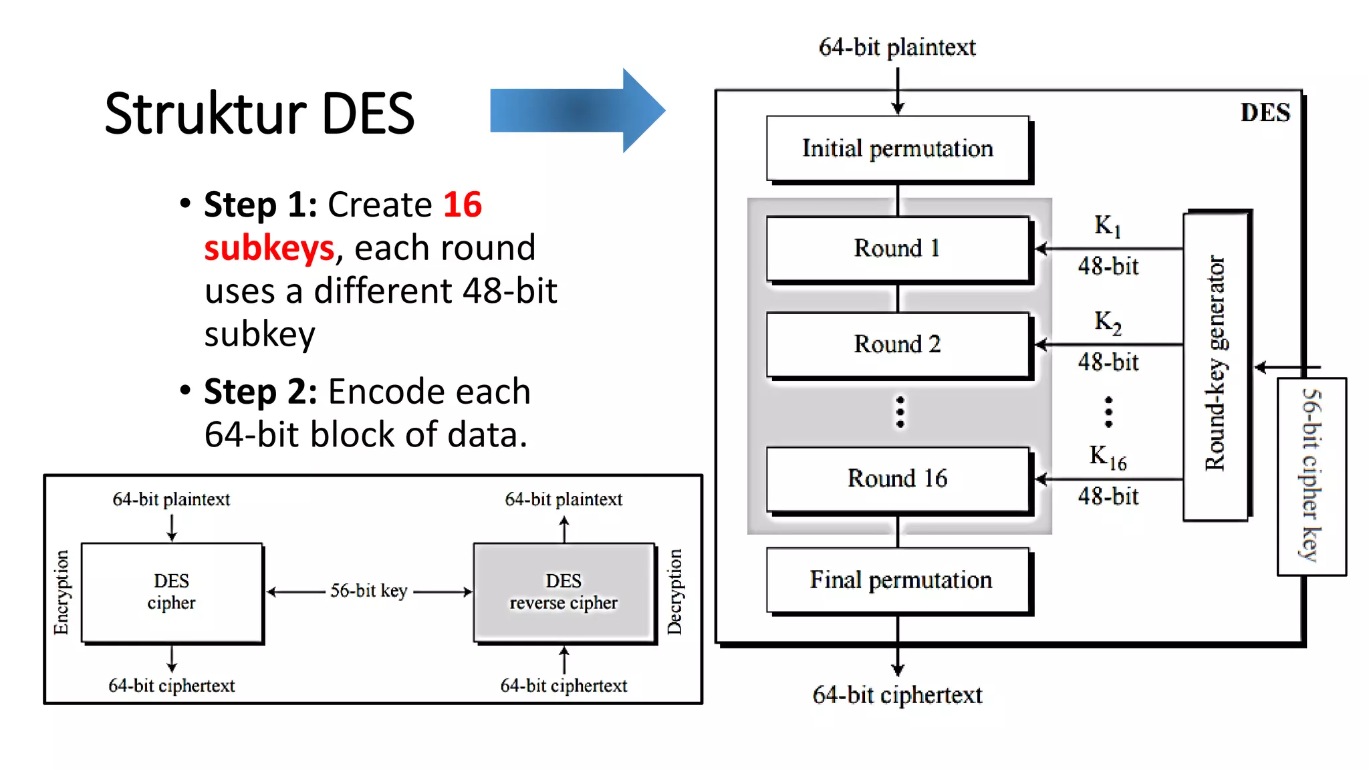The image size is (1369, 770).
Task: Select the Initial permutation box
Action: [897, 148]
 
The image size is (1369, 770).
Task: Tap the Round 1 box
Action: [897, 248]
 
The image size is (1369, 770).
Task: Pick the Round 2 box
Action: [897, 344]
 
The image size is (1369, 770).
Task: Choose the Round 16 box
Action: [897, 479]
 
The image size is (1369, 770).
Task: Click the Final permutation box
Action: [900, 580]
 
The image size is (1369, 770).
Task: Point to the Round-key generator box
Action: [1215, 365]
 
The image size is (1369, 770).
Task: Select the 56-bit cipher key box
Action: [1312, 476]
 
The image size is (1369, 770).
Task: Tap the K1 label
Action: [1107, 226]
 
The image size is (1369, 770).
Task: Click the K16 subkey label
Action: [1107, 457]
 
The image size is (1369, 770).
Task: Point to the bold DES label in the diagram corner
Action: [1265, 113]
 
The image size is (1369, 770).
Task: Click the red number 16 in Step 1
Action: [462, 205]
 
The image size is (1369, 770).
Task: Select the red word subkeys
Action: [269, 248]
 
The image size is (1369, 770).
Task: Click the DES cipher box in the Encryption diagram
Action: [172, 592]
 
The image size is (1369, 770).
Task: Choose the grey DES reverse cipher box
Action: [564, 592]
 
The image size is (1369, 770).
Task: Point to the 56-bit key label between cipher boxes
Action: [369, 591]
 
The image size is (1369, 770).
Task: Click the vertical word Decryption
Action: [675, 592]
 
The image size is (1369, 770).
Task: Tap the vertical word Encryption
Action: [61, 592]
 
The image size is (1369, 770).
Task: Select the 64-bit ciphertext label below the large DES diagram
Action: [897, 695]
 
